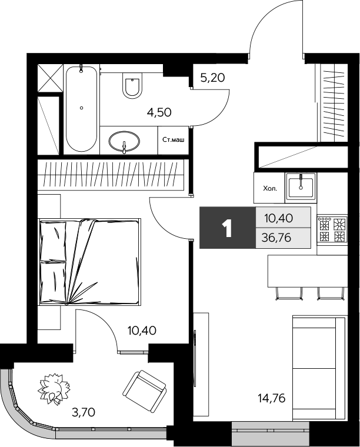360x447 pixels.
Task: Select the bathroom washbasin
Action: coord(124,142)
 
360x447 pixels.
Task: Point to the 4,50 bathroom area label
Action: coord(159,112)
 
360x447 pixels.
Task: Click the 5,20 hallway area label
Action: coord(212,76)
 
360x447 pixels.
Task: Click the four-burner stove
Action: coord(332,229)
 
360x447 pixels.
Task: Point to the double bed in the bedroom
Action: coord(89,261)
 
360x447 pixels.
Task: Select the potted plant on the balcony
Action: coord(55,389)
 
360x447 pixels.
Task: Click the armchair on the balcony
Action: coord(145,390)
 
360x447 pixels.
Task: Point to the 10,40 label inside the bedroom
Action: coord(141,331)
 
